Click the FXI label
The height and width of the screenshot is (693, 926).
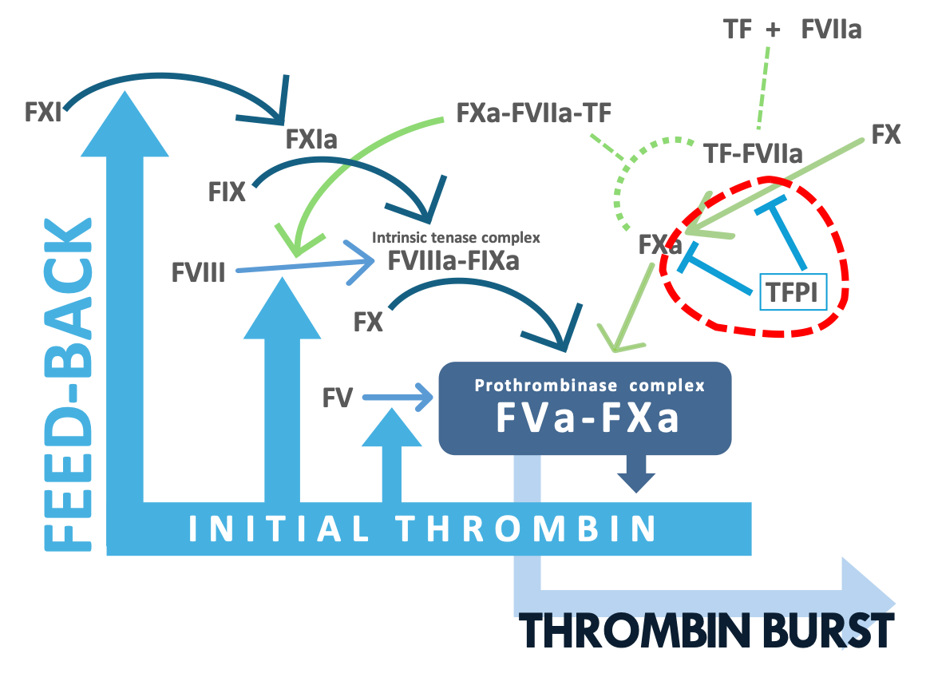tap(43, 113)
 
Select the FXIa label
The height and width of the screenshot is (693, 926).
tap(311, 140)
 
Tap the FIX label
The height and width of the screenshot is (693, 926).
tap(227, 192)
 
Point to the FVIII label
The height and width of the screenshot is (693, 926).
tap(199, 273)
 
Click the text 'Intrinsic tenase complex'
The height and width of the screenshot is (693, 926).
tap(456, 237)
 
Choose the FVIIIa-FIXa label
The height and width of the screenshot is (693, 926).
tap(453, 260)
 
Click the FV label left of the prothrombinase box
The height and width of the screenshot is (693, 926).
tap(337, 398)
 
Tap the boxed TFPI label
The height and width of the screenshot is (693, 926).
tap(793, 292)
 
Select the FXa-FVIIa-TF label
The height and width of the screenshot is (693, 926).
tap(534, 113)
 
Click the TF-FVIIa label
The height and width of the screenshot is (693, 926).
tap(753, 154)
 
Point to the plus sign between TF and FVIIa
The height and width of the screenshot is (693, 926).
tap(773, 30)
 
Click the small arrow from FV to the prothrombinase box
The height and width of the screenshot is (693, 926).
tap(398, 397)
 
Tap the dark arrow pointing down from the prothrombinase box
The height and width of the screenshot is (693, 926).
tap(636, 473)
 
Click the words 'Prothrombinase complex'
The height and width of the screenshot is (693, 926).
tap(589, 386)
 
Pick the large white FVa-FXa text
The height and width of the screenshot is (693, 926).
tap(588, 418)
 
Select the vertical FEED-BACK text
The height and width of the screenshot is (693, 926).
tap(69, 385)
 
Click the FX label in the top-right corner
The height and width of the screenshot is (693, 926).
tap(886, 135)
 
